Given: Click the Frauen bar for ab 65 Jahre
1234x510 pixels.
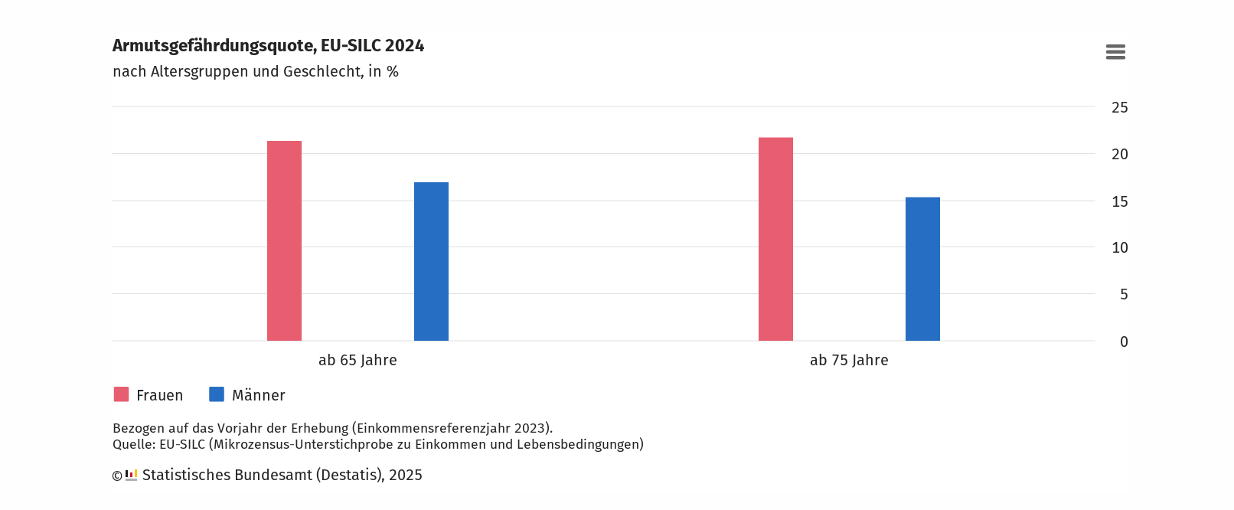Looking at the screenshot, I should [x=284, y=241].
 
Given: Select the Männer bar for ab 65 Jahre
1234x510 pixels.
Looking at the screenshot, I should [x=431, y=262].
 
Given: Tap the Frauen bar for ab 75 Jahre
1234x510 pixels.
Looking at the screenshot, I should [x=775, y=240].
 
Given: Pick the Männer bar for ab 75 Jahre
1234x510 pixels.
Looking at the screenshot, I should [x=922, y=270].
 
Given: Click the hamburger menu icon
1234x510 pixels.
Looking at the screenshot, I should [x=1115, y=52].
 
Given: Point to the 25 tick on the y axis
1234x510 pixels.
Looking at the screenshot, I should [x=1119, y=108].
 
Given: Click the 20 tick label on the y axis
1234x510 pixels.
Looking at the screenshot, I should [x=1119, y=155].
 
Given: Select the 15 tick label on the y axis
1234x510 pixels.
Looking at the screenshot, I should [x=1119, y=202].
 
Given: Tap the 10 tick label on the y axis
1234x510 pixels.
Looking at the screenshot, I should [x=1119, y=248].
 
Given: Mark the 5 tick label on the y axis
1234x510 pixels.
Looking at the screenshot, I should [x=1123, y=295].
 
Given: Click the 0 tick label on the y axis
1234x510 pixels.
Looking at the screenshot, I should [x=1123, y=342].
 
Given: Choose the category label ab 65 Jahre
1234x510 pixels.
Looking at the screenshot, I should [x=357, y=361].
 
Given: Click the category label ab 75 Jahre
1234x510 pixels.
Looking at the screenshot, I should [x=849, y=361].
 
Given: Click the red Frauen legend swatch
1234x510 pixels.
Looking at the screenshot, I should [x=121, y=394].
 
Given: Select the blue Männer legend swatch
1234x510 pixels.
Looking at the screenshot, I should [x=217, y=394].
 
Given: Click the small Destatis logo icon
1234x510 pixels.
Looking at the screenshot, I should [x=131, y=476].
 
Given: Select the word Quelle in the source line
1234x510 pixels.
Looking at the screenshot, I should [x=133, y=445].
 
